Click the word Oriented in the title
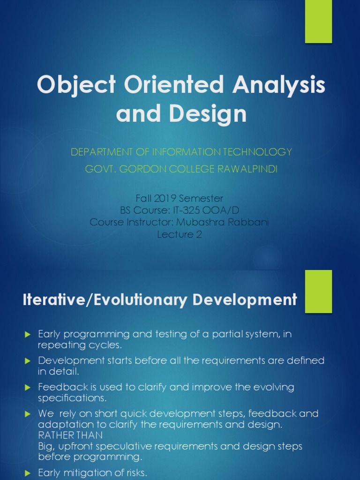[x=159, y=86]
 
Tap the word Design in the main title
[x=216, y=114]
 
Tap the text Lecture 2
[x=180, y=234]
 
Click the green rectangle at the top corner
[x=318, y=22]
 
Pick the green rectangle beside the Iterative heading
[x=318, y=291]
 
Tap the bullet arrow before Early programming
[x=27, y=334]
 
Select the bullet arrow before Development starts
[x=27, y=361]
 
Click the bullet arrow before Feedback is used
[x=27, y=388]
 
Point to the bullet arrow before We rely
[x=27, y=414]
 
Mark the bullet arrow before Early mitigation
[x=27, y=473]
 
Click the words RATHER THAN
[x=70, y=435]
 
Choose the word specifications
[x=73, y=398]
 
